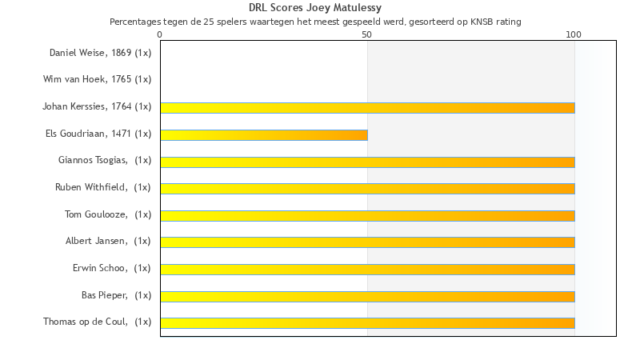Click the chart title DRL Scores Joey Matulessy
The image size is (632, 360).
pyautogui.click(x=315, y=8)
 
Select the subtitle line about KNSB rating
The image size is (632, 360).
pyautogui.click(x=315, y=22)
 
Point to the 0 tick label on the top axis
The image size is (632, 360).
pyautogui.click(x=160, y=34)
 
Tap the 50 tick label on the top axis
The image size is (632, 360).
pyautogui.click(x=366, y=34)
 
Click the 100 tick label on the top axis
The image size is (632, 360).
pyautogui.click(x=574, y=34)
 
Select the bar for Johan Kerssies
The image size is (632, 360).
pyautogui.click(x=367, y=108)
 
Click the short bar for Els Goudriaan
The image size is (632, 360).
pyautogui.click(x=264, y=134)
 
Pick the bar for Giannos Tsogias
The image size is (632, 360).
pyautogui.click(x=367, y=162)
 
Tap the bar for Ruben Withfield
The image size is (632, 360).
pyautogui.click(x=367, y=188)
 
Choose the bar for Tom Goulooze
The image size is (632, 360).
pyautogui.click(x=367, y=215)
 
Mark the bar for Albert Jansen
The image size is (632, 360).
pyautogui.click(x=367, y=242)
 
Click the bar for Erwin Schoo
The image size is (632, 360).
pyautogui.click(x=367, y=269)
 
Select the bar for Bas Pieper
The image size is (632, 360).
pyautogui.click(x=367, y=296)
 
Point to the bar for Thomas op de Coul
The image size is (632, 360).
pyautogui.click(x=367, y=322)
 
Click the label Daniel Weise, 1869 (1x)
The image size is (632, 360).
pyautogui.click(x=100, y=53)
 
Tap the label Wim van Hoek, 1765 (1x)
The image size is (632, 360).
pyautogui.click(x=97, y=79)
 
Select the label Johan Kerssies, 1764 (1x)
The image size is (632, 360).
pyautogui.click(x=97, y=106)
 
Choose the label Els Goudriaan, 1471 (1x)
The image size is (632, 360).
pyautogui.click(x=98, y=133)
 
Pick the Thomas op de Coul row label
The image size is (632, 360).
pyautogui.click(x=97, y=322)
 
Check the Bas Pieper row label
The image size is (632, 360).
pyautogui.click(x=116, y=295)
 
